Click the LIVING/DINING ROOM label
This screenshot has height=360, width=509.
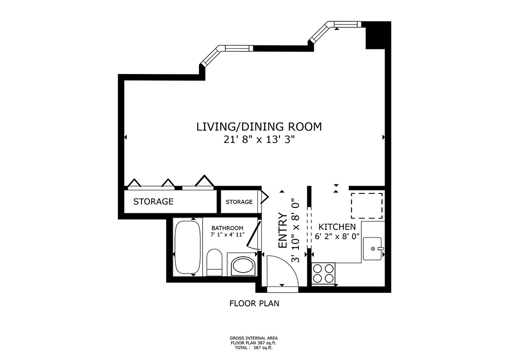[x=259, y=127]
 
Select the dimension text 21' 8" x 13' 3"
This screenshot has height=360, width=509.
[x=259, y=140]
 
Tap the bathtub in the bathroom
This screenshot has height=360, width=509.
[x=187, y=248]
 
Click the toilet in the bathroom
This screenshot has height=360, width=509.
[x=214, y=262]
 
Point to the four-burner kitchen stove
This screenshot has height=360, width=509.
[x=323, y=273]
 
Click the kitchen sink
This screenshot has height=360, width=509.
[x=372, y=248]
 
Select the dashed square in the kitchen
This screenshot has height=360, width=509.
[x=366, y=205]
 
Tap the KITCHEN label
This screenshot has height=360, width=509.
[x=337, y=227]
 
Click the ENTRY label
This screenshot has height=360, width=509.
[x=283, y=231]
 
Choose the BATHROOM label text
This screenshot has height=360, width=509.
[x=227, y=228]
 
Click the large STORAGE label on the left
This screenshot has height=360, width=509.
[x=153, y=202]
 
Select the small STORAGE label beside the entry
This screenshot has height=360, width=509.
[x=239, y=202]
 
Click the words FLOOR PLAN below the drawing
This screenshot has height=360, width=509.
[x=254, y=304]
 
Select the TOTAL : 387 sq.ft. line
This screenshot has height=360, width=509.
[x=254, y=347]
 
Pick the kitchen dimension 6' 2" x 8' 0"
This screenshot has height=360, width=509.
[x=337, y=237]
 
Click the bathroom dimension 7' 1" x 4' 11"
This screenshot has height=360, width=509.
[x=227, y=235]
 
